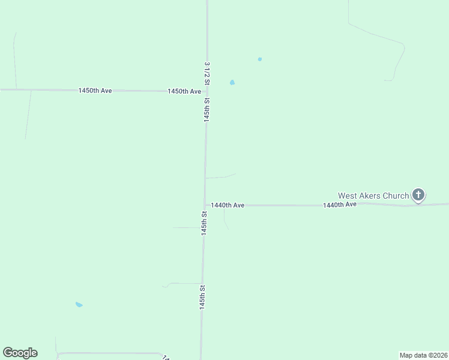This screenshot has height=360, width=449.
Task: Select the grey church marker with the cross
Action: pyautogui.click(x=418, y=194)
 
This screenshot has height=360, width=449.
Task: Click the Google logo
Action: pyautogui.click(x=20, y=353)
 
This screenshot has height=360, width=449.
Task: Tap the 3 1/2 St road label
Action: pyautogui.click(x=207, y=73)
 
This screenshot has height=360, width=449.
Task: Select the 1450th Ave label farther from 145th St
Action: pyautogui.click(x=95, y=91)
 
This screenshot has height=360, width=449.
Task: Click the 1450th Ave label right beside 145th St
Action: pyautogui.click(x=184, y=91)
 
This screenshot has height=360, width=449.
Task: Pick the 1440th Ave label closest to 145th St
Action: pyautogui.click(x=228, y=205)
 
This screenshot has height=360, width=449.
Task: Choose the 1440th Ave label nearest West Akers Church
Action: pyautogui.click(x=340, y=205)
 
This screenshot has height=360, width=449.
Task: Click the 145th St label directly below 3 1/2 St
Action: pyautogui.click(x=206, y=110)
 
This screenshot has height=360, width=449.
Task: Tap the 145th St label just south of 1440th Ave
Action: pyautogui.click(x=204, y=223)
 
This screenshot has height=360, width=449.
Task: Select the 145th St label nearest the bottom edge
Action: pyautogui.click(x=203, y=297)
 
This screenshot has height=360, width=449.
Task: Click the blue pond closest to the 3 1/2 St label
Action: pyautogui.click(x=232, y=82)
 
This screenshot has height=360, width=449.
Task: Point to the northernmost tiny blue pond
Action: pyautogui.click(x=259, y=59)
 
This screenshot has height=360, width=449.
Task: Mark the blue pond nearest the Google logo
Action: pyautogui.click(x=79, y=304)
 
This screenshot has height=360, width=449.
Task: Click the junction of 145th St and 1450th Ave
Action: pyautogui.click(x=206, y=91)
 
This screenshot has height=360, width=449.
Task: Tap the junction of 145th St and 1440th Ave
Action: pyautogui.click(x=205, y=205)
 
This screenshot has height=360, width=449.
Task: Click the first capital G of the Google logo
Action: pyautogui.click(x=8, y=353)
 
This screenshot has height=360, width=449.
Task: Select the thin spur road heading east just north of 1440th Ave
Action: pyautogui.click(x=220, y=177)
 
